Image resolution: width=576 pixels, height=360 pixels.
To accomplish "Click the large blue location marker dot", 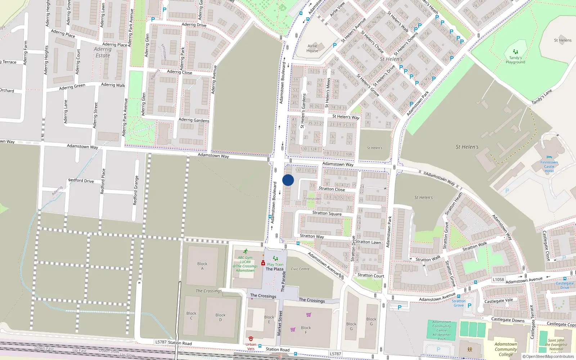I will coord(288,180).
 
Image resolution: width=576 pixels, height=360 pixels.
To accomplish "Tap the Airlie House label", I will coord(312,48).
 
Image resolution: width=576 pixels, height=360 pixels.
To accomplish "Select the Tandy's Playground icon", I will coord(515,52).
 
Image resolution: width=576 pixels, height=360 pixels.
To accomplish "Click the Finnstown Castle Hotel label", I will coord(549,167).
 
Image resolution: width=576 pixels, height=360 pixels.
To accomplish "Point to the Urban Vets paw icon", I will coord(251,339).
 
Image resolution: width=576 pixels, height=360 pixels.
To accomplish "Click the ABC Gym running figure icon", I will coord(246,252).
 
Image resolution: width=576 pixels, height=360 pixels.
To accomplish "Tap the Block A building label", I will coord(202,266).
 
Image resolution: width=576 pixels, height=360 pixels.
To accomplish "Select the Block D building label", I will coord(220,317).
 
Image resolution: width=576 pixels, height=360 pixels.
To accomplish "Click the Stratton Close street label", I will coord(332,189).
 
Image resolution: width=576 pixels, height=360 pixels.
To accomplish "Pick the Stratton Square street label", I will coord(327,213).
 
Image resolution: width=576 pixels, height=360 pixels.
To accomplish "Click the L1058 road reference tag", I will coord(498,279).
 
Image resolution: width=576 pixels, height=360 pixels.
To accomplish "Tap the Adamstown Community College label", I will coord(505,349).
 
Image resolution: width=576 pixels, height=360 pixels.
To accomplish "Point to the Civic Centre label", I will coord(300,269).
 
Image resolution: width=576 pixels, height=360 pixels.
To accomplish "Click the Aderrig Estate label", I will coord(103,52).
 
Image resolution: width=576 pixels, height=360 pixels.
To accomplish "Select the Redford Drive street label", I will coord(81,180).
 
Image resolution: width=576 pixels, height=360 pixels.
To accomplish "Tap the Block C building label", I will coord(191,315).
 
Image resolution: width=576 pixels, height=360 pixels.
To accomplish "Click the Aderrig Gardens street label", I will coord(194,120).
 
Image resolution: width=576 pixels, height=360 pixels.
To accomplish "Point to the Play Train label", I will coord(275,265).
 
